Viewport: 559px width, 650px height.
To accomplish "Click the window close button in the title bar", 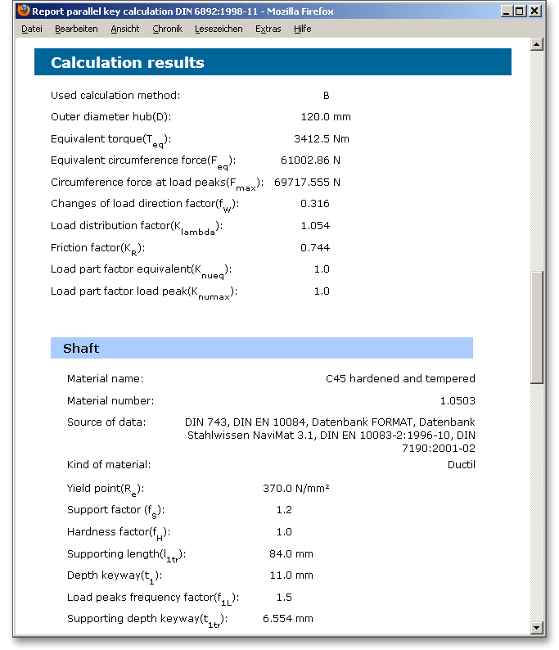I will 534,11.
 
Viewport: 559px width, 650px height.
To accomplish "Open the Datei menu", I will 32,29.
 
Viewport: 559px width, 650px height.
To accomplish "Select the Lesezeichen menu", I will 219,29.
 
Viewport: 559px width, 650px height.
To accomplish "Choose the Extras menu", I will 268,29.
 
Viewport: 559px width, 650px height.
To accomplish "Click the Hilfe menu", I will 303,29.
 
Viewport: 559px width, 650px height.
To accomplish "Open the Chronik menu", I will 167,29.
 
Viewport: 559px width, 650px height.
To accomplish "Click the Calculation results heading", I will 128,63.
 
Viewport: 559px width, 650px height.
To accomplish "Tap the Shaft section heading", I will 81,348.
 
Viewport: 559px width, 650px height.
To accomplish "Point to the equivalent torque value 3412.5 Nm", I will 321,138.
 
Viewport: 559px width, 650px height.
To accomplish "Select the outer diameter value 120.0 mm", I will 325,117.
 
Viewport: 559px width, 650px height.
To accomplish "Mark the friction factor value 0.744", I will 315,247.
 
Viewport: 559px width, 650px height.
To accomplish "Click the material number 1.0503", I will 457,401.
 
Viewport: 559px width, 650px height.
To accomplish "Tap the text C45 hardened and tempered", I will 400,379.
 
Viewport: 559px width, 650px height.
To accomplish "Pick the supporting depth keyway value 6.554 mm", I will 287,619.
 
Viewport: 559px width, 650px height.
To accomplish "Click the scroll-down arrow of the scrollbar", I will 537,627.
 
